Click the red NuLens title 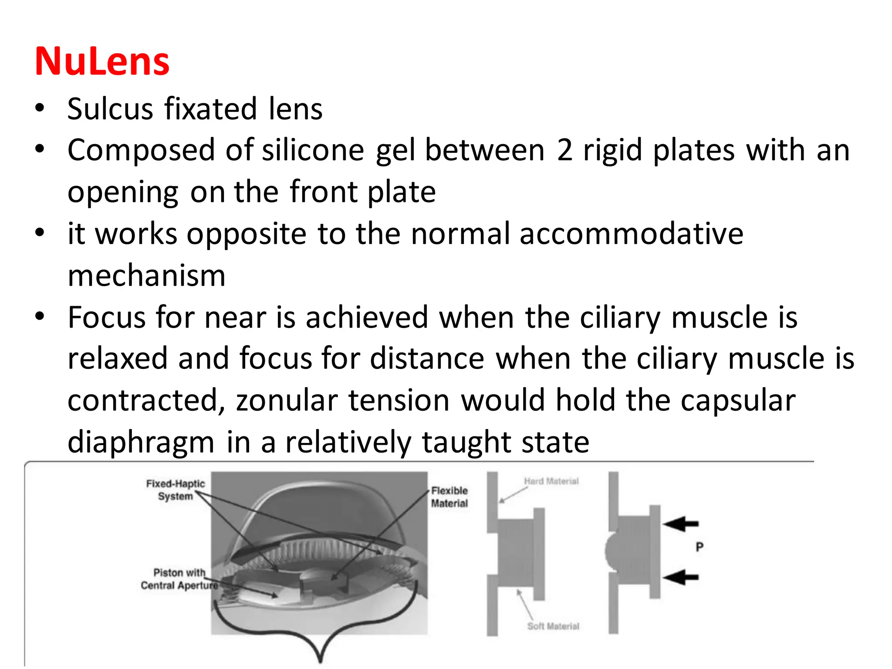coord(102,61)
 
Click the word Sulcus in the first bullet coord(110,109)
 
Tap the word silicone coord(313,150)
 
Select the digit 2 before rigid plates coord(564,150)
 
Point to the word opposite coord(247,234)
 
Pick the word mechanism coord(147,276)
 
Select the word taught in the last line coord(466,442)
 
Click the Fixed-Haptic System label coord(175,490)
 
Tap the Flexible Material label coord(449,497)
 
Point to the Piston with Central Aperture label coord(179,579)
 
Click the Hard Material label coord(551,481)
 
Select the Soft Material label coord(553,626)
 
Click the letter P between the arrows coord(699,547)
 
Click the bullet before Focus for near coord(40,316)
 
